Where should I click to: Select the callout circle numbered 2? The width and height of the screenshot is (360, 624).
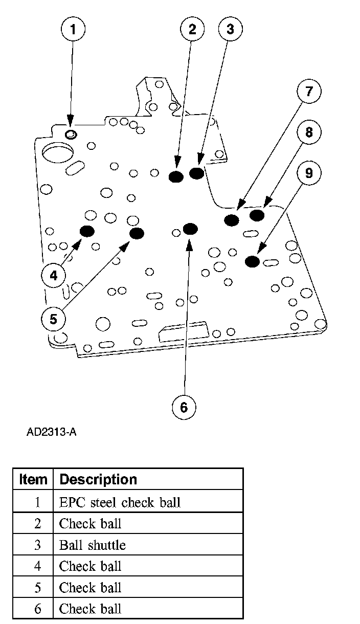pyautogui.click(x=192, y=29)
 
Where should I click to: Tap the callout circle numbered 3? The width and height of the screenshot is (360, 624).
pyautogui.click(x=230, y=29)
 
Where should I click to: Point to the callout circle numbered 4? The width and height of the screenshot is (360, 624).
pyautogui.click(x=54, y=276)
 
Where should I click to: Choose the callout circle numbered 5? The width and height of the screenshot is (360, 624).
pyautogui.click(x=54, y=319)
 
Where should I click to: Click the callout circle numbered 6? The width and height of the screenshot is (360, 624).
pyautogui.click(x=184, y=407)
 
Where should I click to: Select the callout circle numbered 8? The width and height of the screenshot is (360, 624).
pyautogui.click(x=308, y=132)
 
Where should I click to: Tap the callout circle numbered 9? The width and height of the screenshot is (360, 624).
pyautogui.click(x=308, y=173)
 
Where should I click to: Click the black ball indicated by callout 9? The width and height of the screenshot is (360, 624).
pyautogui.click(x=252, y=261)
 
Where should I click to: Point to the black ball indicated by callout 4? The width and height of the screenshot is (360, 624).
pyautogui.click(x=87, y=231)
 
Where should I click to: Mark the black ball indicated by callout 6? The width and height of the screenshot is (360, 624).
pyautogui.click(x=190, y=228)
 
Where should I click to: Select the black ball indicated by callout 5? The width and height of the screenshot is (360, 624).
pyautogui.click(x=137, y=234)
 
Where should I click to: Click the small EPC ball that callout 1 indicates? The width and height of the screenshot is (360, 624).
pyautogui.click(x=71, y=134)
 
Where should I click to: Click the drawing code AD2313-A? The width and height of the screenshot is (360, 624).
pyautogui.click(x=51, y=432)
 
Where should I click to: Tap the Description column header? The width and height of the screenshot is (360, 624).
pyautogui.click(x=98, y=479)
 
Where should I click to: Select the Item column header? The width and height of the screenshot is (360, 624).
pyautogui.click(x=33, y=479)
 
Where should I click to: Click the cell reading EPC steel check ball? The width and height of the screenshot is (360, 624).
pyautogui.click(x=120, y=502)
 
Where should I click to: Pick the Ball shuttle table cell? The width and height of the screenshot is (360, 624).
pyautogui.click(x=92, y=545)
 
